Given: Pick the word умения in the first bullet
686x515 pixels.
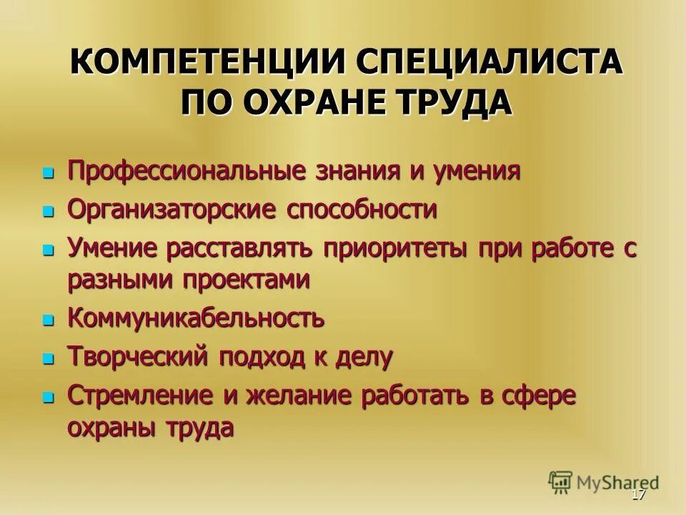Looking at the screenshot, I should tap(475, 172).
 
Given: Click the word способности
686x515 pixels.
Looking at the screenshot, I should tap(362, 210).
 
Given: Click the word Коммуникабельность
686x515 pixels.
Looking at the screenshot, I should tap(197, 318).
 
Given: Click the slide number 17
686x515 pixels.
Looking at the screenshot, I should tap(639, 496).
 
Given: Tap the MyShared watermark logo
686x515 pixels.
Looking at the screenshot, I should tap(604, 482).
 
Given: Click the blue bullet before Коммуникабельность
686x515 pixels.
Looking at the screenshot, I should tap(49, 319).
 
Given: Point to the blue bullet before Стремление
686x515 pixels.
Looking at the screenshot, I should tap(49, 396).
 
